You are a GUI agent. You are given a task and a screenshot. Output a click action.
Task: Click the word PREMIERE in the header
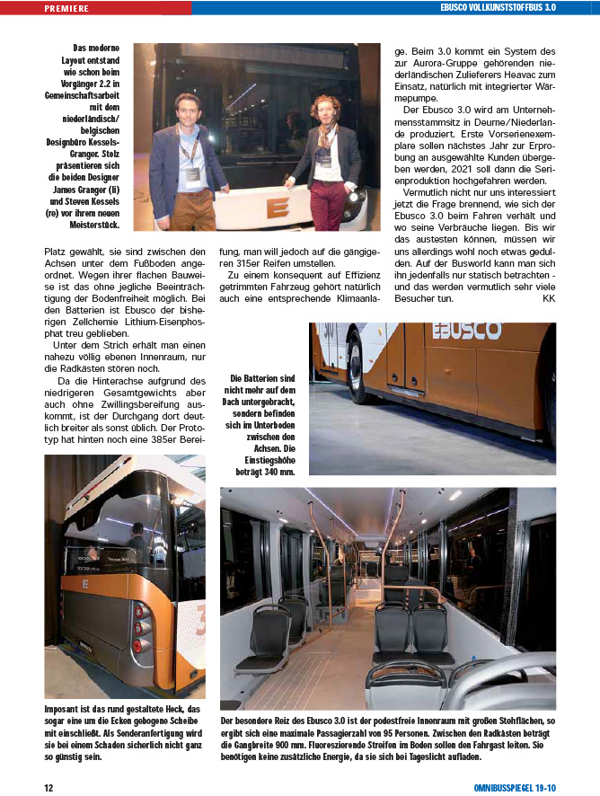66,8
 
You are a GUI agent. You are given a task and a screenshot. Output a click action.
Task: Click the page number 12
50,788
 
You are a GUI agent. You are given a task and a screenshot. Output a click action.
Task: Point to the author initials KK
549,297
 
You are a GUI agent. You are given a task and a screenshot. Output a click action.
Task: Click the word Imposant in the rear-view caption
66,710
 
